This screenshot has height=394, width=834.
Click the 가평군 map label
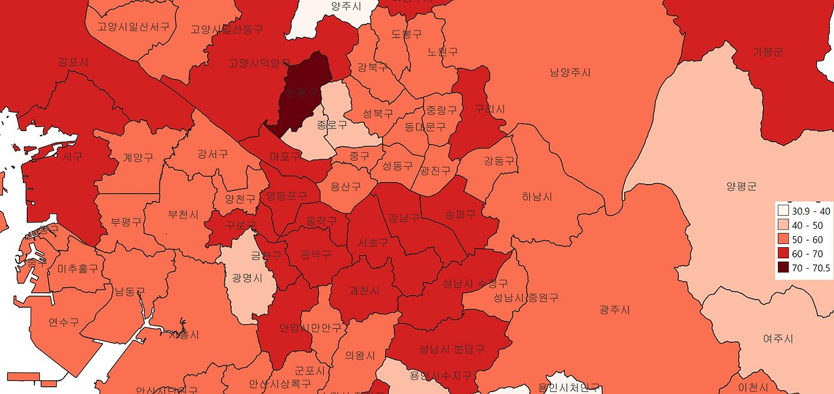pos(767,52)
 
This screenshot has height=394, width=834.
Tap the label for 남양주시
pos(570,72)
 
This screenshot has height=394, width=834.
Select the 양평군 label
pos(741,187)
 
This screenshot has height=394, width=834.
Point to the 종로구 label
pos(332,124)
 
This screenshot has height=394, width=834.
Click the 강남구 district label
pos(404,218)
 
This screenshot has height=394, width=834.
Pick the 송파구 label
pos(460,214)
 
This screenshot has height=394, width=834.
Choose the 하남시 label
pos(537,196)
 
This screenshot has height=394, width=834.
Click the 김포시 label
pos(73,62)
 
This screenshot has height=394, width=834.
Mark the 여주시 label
pos(778,339)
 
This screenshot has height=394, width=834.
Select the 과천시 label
pos(364,291)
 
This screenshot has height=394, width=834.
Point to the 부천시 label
pos(183,214)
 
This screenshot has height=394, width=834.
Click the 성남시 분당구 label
pos(452,348)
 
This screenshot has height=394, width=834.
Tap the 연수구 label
pos(63,322)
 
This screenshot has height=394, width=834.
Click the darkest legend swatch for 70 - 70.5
pos(783,268)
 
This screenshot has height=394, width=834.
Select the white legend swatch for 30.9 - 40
pos(783,211)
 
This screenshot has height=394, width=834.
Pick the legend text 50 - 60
pos(807,239)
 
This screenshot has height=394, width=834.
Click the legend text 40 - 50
pos(807,225)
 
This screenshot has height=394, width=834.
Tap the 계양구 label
pos(138,158)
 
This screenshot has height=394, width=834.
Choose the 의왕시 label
pos(360,356)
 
